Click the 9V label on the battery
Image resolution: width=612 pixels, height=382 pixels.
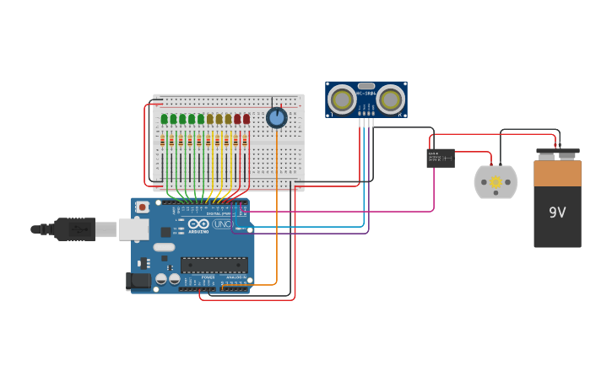pos(557,213)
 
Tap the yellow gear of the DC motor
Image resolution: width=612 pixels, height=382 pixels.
pos(496,182)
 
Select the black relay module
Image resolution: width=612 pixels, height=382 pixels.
pos(440,158)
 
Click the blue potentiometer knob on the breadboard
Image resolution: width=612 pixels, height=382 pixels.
pos(276,118)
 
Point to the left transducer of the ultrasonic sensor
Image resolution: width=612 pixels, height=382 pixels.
pos(342,100)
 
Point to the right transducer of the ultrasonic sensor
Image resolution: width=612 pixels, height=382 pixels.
pos(390,100)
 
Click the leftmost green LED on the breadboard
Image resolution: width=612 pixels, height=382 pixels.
pos(164,119)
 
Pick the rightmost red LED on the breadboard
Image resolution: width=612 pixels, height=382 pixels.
pos(246,119)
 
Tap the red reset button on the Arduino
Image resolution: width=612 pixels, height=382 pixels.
pos(142,207)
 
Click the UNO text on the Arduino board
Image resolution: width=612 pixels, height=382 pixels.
pos(222,224)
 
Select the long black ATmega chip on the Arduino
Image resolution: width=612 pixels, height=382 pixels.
pos(214,264)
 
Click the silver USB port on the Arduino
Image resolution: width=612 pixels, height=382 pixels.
pos(133,229)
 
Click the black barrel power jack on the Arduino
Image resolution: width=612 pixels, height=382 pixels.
pos(138,280)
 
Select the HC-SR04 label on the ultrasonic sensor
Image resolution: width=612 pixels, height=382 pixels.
pos(366,93)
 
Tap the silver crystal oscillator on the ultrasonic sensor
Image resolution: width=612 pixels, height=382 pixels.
pos(366,85)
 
